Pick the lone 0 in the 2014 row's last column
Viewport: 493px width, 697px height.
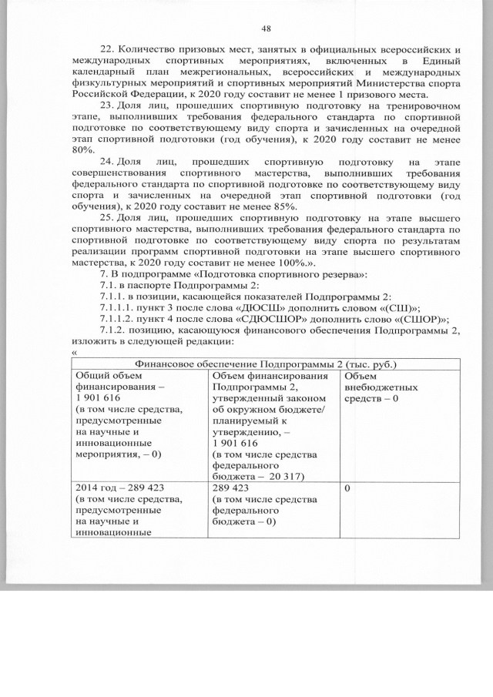(x=348, y=488)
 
